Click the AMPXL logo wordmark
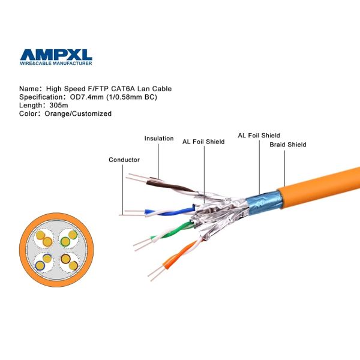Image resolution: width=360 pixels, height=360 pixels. (56, 55)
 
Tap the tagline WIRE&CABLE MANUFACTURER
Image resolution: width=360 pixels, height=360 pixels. (56, 63)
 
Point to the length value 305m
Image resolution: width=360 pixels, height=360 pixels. (59, 106)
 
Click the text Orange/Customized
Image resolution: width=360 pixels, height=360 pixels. (78, 113)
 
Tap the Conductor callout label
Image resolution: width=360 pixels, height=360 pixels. (124, 160)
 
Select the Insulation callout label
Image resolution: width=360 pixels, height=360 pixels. (159, 139)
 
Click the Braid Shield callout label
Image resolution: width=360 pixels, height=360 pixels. (288, 145)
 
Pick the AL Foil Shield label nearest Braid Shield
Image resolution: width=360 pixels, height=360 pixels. (259, 136)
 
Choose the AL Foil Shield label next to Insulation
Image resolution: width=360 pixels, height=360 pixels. (203, 142)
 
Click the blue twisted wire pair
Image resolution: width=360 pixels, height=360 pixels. (170, 211)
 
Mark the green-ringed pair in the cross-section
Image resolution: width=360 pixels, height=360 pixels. (68, 238)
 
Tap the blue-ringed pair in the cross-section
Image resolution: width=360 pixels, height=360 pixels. (44, 262)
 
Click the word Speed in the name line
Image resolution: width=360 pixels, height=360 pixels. (73, 89)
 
